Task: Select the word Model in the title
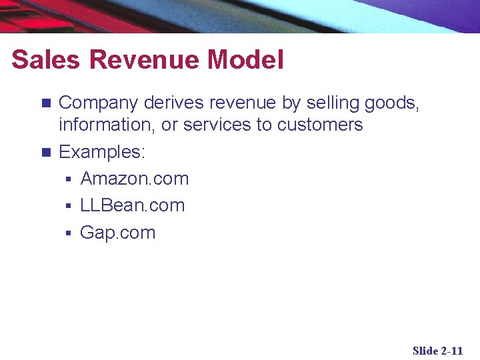pyautogui.click(x=245, y=60)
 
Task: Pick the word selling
pyautogui.click(x=331, y=103)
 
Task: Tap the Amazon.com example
pyautogui.click(x=135, y=179)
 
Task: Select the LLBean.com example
pyautogui.click(x=132, y=205)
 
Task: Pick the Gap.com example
pyautogui.click(x=117, y=233)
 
